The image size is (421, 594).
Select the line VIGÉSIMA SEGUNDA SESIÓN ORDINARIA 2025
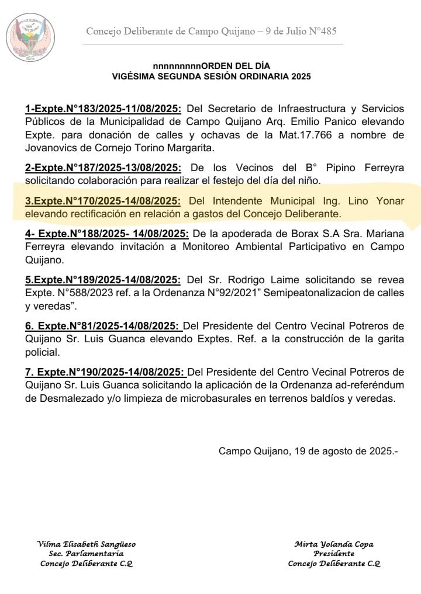212,77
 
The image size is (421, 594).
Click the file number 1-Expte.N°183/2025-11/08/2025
103,109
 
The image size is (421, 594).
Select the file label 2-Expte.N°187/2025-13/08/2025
103,168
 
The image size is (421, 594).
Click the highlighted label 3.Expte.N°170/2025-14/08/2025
103,201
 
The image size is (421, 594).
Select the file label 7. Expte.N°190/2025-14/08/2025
106,372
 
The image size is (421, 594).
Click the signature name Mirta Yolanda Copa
334,544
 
